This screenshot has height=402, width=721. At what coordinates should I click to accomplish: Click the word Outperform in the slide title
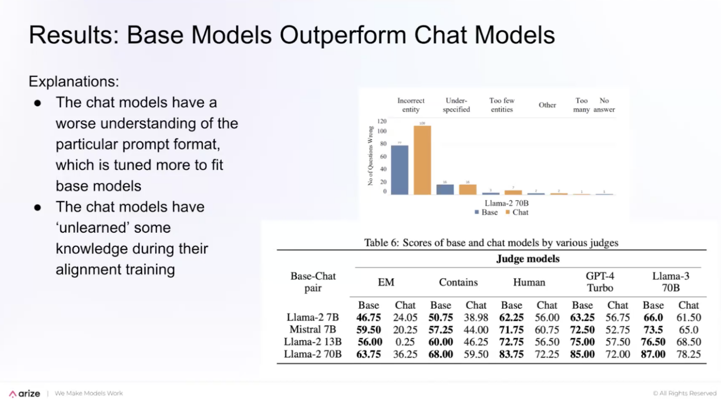point(344,35)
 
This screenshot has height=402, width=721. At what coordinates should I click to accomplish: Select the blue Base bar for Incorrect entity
point(400,170)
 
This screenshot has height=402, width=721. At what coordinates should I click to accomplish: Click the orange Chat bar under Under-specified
point(468,189)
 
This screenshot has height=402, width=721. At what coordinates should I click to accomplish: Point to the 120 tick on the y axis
point(382,121)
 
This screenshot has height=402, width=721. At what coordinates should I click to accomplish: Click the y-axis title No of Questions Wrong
point(371,156)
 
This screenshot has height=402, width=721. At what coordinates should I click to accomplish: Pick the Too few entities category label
point(501,105)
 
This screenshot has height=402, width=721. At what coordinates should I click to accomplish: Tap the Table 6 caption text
point(491,243)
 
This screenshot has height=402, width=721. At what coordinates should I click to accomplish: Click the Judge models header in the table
point(528,259)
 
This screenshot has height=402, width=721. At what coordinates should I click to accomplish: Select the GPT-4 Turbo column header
point(600,282)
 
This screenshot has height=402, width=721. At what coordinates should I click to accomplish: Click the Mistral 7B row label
point(313,330)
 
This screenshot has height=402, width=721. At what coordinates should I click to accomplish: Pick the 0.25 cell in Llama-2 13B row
point(405,342)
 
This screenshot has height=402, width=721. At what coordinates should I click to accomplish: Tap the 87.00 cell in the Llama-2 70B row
point(653,354)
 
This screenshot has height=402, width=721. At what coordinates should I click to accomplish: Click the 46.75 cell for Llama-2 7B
point(368,318)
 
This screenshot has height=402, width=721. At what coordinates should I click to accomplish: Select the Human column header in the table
point(529,282)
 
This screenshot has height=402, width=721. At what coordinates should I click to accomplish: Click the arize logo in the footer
point(24,394)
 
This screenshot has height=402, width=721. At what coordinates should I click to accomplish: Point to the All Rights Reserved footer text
point(685,394)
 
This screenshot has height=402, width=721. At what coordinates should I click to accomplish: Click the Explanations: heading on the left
point(74,82)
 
